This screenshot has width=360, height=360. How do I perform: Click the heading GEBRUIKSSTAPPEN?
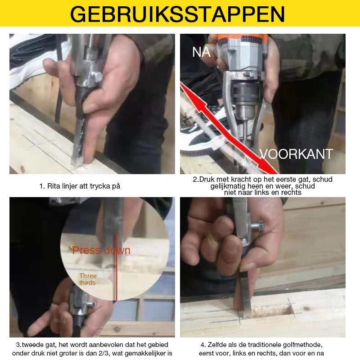pyautogui.click(x=178, y=14)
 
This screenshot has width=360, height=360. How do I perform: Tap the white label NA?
pyautogui.click(x=201, y=52)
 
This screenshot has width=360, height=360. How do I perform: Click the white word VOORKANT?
pyautogui.click(x=296, y=154)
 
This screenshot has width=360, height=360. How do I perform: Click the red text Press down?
pyautogui.click(x=101, y=250)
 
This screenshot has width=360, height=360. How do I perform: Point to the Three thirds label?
pyautogui.click(x=88, y=279)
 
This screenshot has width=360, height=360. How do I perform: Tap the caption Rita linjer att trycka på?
pyautogui.click(x=80, y=185)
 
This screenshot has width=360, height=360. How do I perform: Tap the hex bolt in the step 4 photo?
pyautogui.click(x=257, y=225)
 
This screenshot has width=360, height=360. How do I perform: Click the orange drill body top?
pyautogui.click(x=238, y=38)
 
